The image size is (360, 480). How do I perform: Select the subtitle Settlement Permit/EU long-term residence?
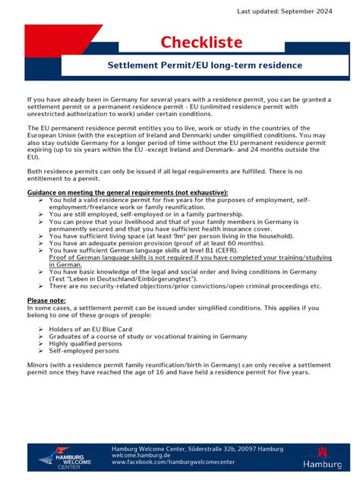(204, 65)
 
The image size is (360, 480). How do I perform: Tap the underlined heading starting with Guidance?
(127, 193)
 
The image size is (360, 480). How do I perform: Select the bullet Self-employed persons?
(84, 350)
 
